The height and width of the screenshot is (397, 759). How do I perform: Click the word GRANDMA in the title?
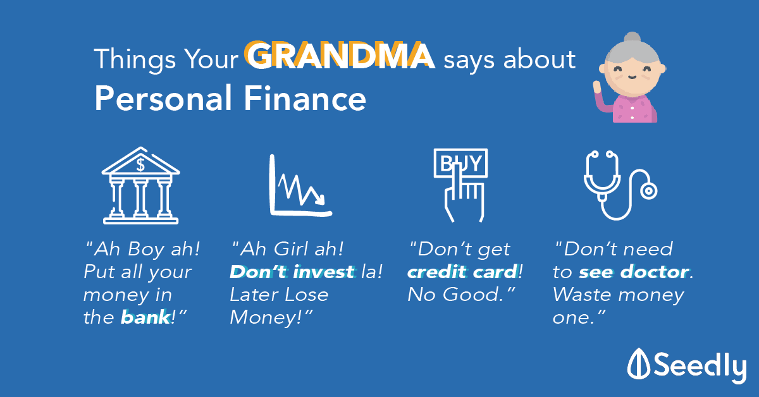tap(340, 56)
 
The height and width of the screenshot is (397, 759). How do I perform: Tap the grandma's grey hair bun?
tap(632, 38)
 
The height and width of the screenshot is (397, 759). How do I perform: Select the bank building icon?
tap(140, 185)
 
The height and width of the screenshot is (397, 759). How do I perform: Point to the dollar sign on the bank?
tap(140, 165)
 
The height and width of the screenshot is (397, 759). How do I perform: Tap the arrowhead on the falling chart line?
tap(319, 199)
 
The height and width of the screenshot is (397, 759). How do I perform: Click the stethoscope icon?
tap(620, 185)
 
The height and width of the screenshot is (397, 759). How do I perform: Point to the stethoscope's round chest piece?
tap(648, 191)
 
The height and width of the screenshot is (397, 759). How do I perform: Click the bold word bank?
tap(145, 317)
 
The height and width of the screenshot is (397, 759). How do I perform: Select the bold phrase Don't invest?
tap(292, 272)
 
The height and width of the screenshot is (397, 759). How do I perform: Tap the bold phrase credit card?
tap(462, 272)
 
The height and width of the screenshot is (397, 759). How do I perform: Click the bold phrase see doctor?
tap(634, 272)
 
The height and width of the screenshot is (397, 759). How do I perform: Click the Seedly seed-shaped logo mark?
tap(638, 363)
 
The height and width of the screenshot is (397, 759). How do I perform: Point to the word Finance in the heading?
tap(305, 98)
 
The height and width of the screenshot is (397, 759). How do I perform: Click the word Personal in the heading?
tap(163, 98)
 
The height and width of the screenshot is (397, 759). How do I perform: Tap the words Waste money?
tap(618, 295)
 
